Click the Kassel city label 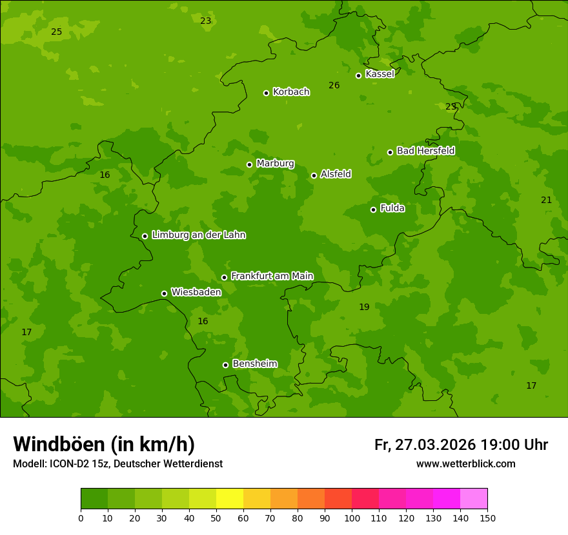coord(380,74)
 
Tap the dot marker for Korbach coord(266,93)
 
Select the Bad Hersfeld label coord(425,151)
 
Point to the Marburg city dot coord(249,164)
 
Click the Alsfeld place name coord(336,174)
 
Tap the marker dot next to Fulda coord(373,209)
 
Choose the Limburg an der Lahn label coord(198,235)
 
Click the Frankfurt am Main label coord(272,276)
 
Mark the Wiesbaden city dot coord(164,293)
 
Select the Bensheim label coord(254,364)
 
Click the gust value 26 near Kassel coord(334,86)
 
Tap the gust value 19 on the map coord(364,307)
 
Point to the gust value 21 coord(546,200)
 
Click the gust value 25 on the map coord(57,32)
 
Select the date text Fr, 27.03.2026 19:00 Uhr coord(461,445)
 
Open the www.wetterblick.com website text coord(465,464)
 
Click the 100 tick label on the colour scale coord(352,518)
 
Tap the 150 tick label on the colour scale coord(487,518)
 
